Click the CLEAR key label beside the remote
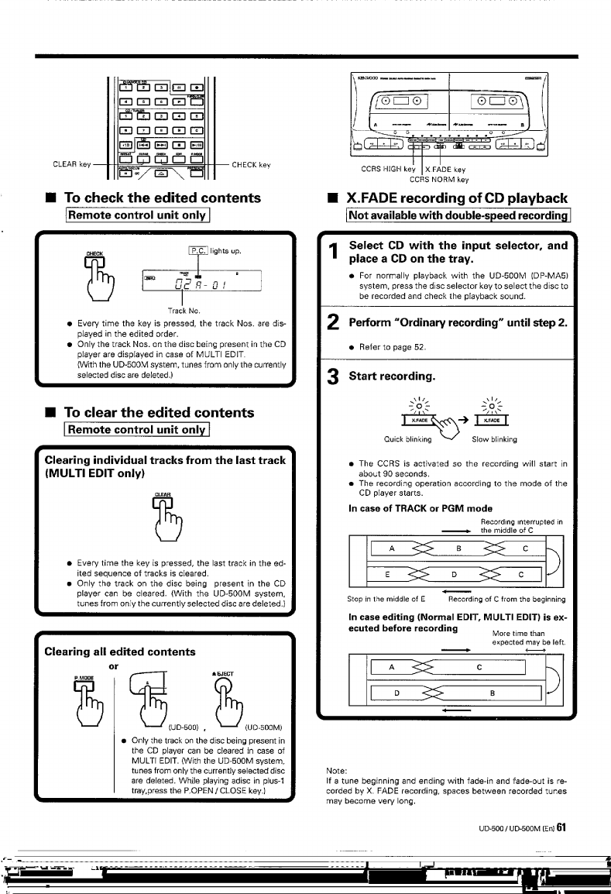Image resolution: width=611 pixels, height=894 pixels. [72, 163]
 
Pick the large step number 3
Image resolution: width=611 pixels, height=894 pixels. [333, 380]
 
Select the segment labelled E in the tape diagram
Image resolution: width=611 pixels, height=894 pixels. [389, 574]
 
